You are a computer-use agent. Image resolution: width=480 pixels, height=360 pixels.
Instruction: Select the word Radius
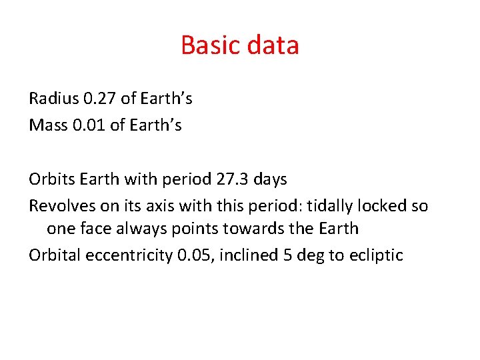(x=54, y=99)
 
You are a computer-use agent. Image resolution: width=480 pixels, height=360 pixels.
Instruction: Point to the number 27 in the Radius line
(x=108, y=99)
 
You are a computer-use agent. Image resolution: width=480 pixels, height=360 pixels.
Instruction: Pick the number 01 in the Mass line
(x=97, y=125)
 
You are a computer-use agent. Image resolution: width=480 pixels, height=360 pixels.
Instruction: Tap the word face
(x=97, y=229)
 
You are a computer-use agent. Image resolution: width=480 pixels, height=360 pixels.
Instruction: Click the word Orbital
(x=53, y=255)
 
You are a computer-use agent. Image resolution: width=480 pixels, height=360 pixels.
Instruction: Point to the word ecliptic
(x=376, y=255)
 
